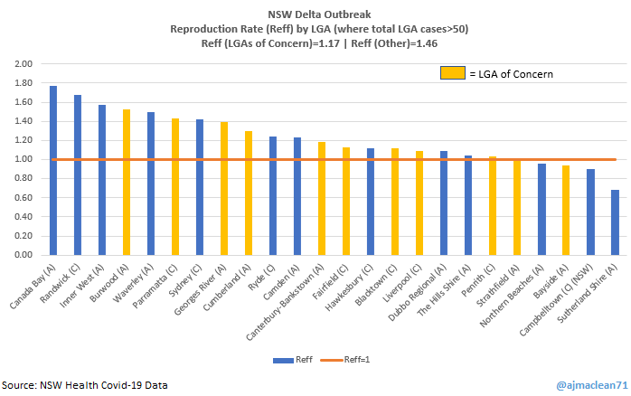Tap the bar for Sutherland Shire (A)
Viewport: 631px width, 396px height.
pyautogui.click(x=615, y=222)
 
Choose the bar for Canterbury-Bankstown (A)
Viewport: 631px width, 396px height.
pyautogui.click(x=322, y=198)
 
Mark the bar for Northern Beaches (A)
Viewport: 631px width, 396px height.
pyautogui.click(x=542, y=209)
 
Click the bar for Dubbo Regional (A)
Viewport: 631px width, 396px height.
pyautogui.click(x=444, y=203)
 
